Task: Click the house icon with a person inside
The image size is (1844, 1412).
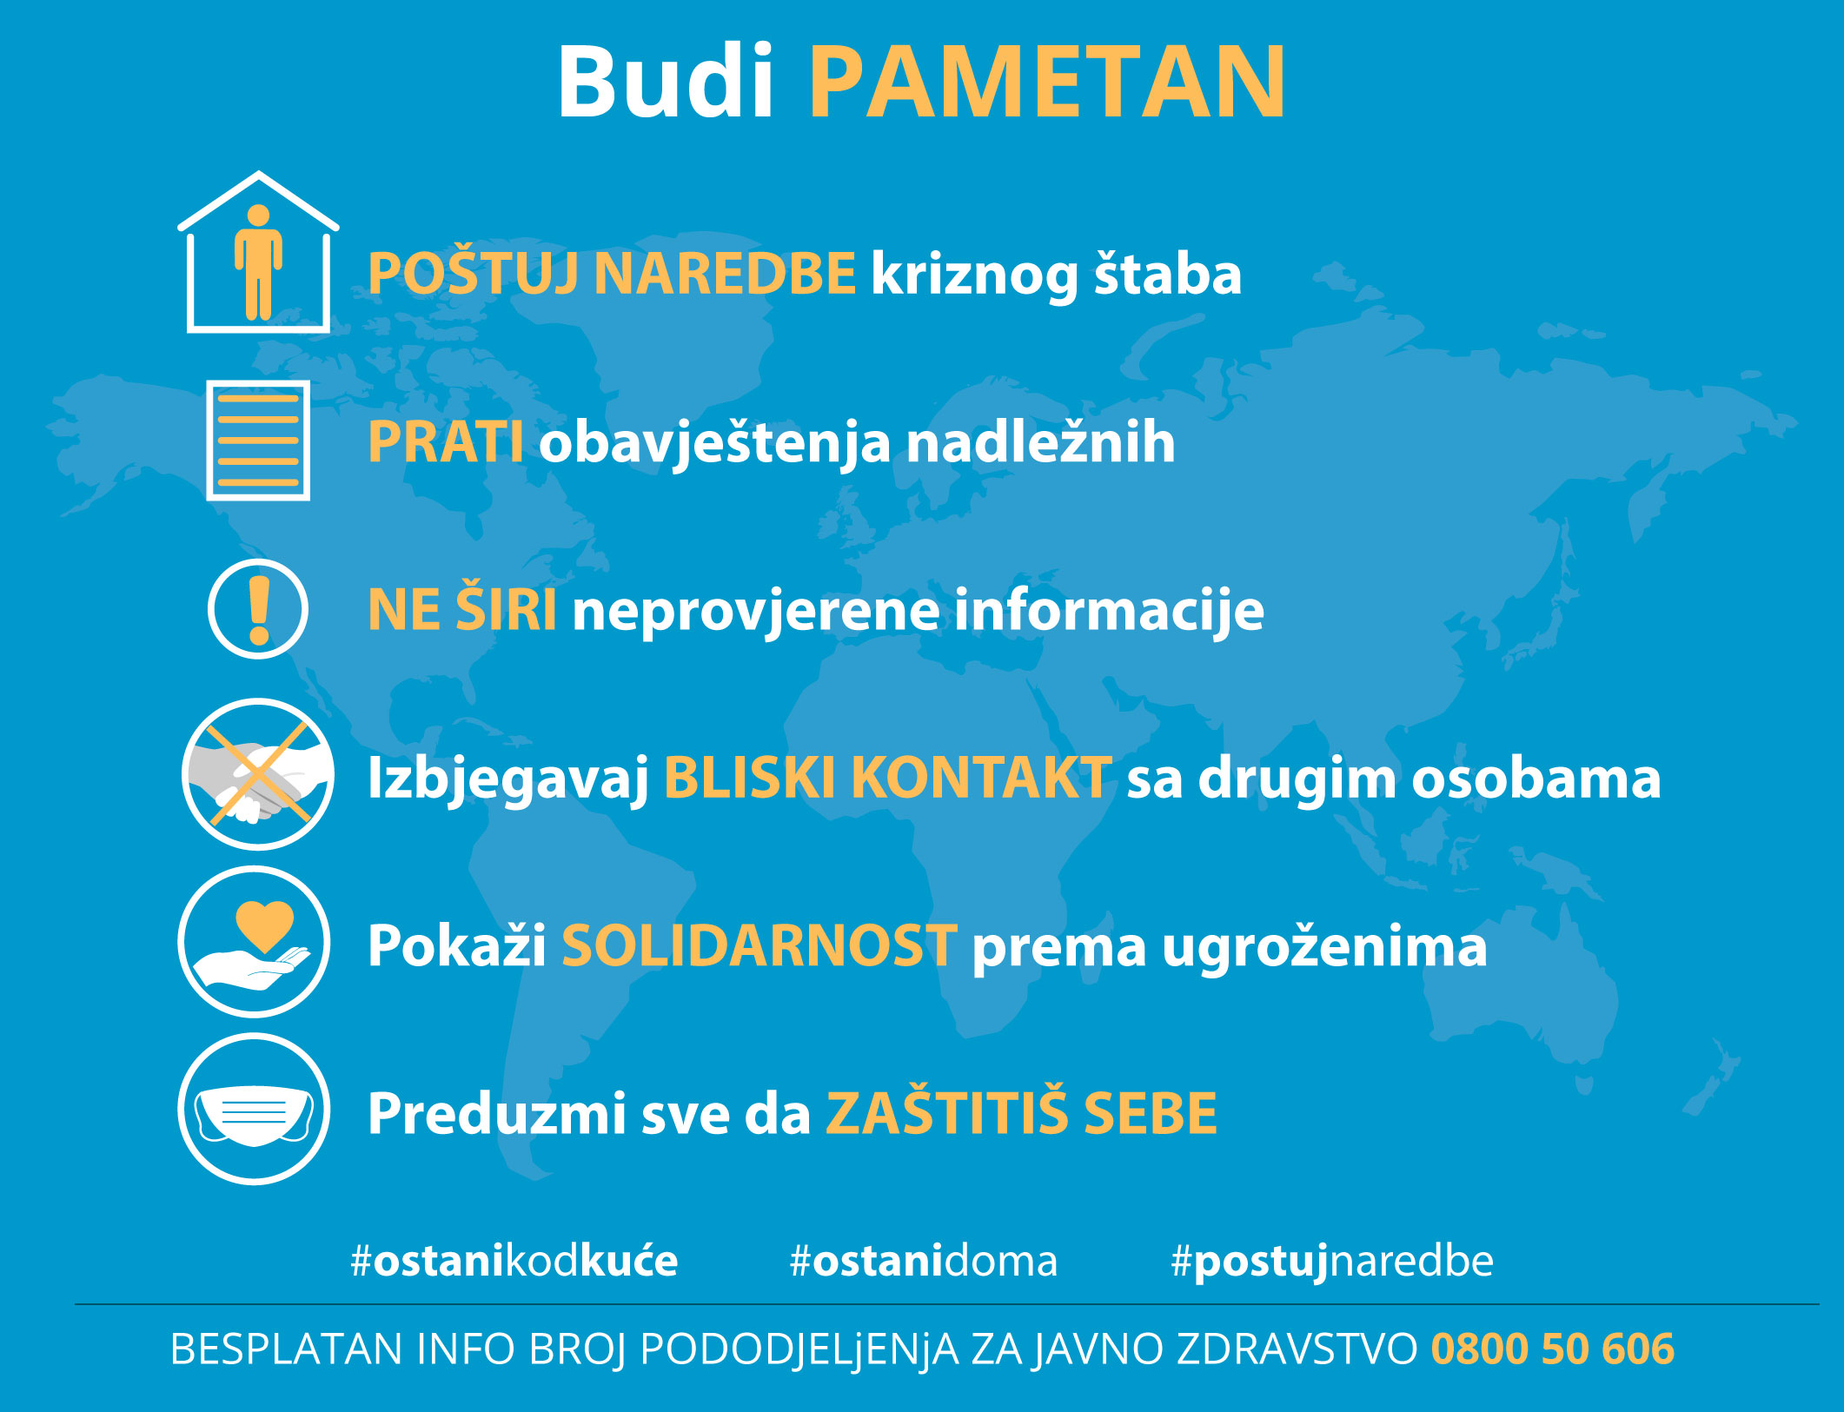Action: pyautogui.click(x=258, y=252)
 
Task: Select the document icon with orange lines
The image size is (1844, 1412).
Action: pyautogui.click(x=258, y=441)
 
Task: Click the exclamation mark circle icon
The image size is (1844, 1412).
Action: pyautogui.click(x=258, y=609)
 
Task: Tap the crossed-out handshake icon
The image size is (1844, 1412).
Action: pyautogui.click(x=258, y=774)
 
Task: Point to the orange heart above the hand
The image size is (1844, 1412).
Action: pyautogui.click(x=265, y=925)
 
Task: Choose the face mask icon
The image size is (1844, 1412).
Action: pyautogui.click(x=255, y=1109)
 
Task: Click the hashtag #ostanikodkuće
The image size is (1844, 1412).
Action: pyautogui.click(x=514, y=1261)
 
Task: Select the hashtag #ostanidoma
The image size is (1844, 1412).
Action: pyautogui.click(x=923, y=1261)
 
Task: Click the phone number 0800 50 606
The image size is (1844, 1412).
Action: pyautogui.click(x=1553, y=1349)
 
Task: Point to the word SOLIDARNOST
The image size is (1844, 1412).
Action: pyautogui.click(x=759, y=945)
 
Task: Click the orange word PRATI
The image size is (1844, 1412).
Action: pyautogui.click(x=445, y=442)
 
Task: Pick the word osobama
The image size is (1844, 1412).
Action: pyautogui.click(x=1536, y=778)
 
